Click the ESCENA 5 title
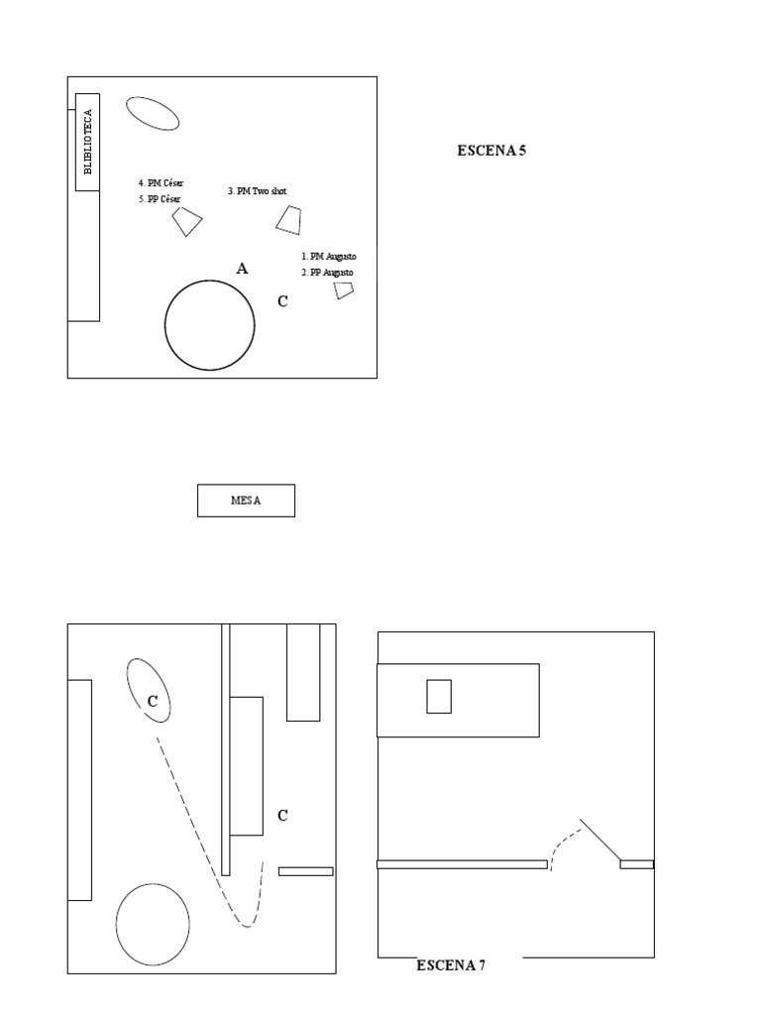[x=491, y=152]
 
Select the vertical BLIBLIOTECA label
[x=87, y=142]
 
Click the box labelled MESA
[x=246, y=501]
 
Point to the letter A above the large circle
[x=242, y=269]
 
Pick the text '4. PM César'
[x=161, y=183]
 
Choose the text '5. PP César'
[x=160, y=199]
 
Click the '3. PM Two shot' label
[x=257, y=191]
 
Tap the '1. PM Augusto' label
[x=328, y=256]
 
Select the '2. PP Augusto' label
[x=328, y=272]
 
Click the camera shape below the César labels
[x=187, y=222]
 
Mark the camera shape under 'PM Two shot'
[x=289, y=220]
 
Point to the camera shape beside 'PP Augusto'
[x=344, y=289]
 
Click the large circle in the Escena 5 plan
[x=209, y=325]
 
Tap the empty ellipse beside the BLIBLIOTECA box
[x=153, y=113]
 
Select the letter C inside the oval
[x=153, y=701]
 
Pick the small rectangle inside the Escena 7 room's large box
[x=439, y=696]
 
